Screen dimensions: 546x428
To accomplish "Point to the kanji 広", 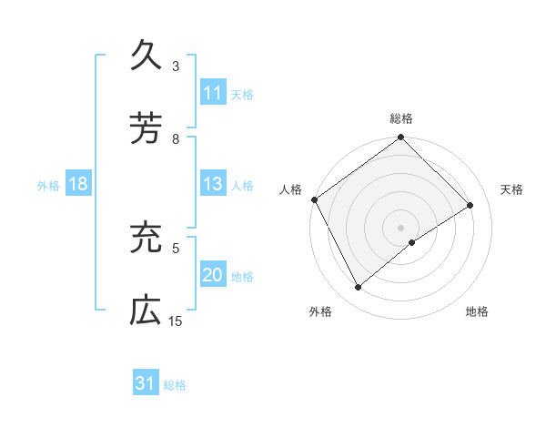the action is click(147, 310).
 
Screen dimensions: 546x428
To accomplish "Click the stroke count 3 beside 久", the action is click(176, 66).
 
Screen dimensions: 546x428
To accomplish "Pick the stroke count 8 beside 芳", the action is click(176, 138).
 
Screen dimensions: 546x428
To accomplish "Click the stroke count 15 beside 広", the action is click(176, 321).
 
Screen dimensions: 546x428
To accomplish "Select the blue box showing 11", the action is click(212, 93).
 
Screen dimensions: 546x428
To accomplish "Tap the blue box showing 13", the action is click(212, 185).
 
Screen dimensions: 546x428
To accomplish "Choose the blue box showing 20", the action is click(212, 275).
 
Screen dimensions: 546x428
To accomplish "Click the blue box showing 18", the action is click(78, 185).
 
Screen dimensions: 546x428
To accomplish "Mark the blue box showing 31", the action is click(146, 384).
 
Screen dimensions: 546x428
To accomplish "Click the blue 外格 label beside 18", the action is click(48, 186).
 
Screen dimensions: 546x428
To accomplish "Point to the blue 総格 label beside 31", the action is click(175, 385).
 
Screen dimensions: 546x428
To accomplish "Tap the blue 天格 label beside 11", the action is click(242, 94).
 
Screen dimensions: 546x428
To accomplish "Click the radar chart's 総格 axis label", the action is click(401, 118).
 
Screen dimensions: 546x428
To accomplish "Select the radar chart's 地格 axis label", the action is click(477, 312).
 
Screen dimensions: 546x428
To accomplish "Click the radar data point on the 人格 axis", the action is click(314, 199).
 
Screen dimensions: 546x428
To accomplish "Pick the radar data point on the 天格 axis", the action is click(470, 206).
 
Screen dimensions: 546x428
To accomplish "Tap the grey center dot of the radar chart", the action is click(400, 228).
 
